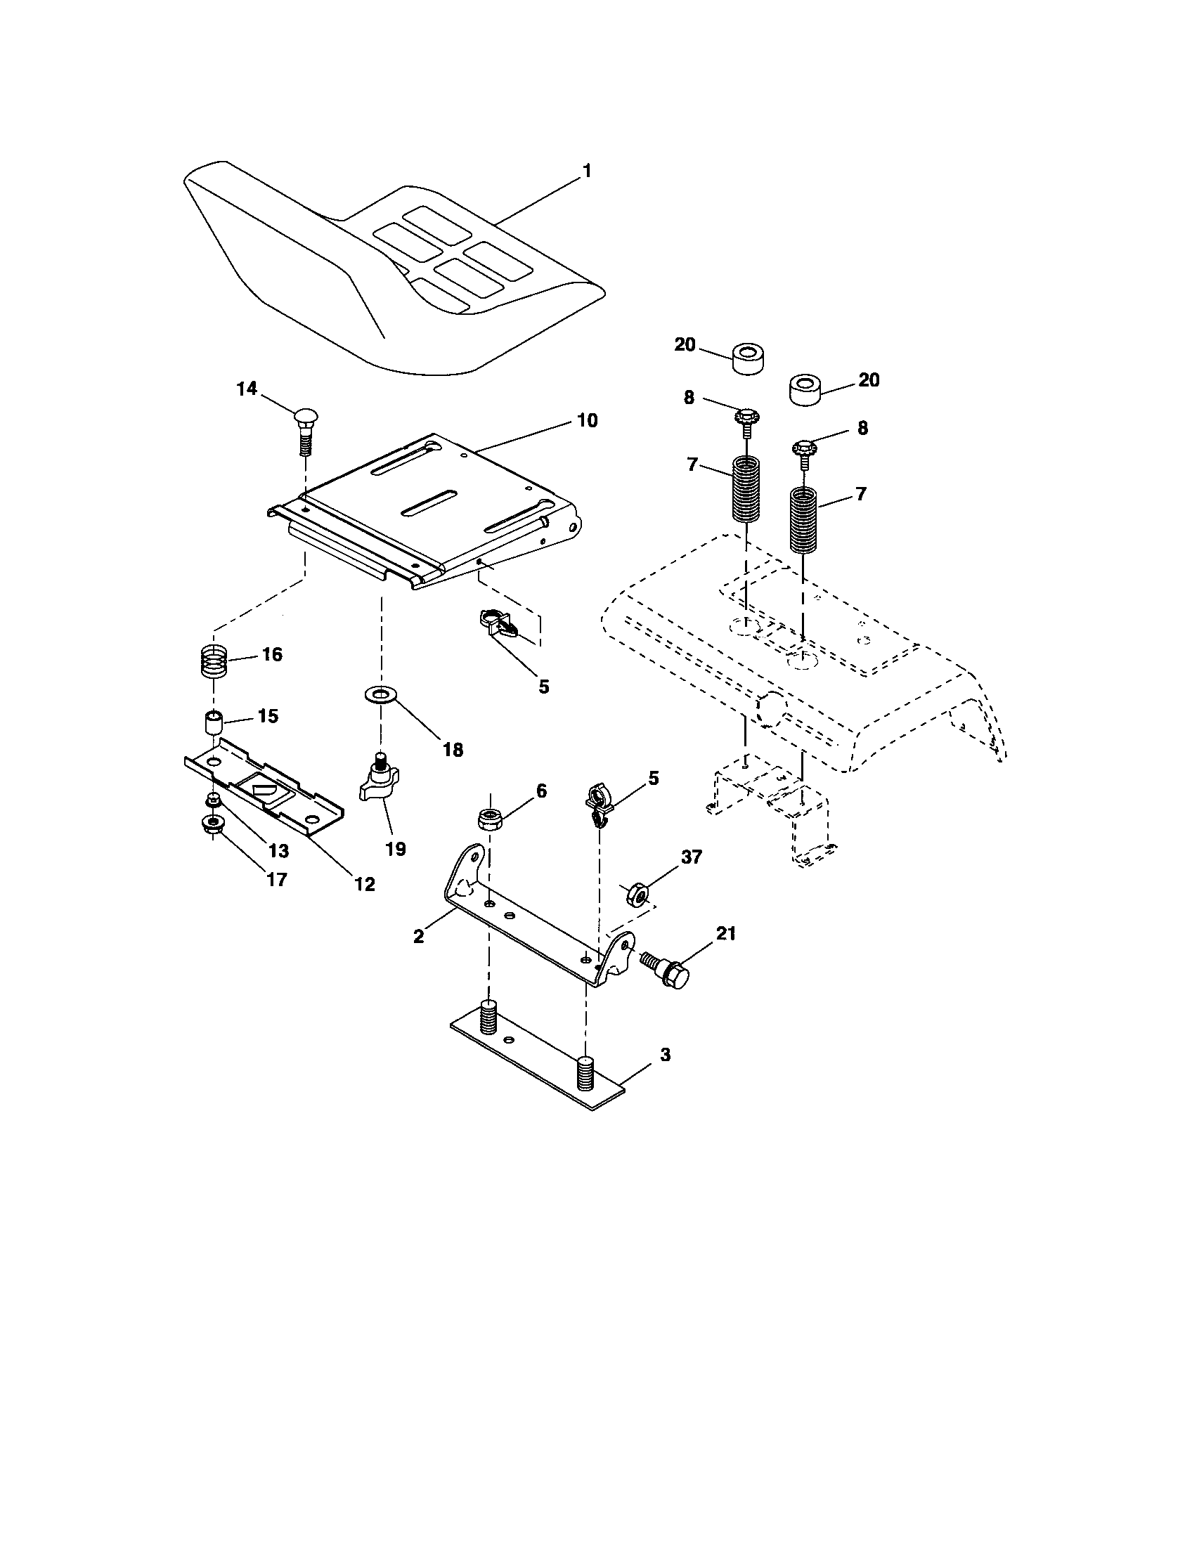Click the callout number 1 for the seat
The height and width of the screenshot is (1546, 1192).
[586, 171]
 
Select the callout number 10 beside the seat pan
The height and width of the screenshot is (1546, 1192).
[587, 420]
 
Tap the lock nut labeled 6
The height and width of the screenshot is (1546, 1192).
[490, 819]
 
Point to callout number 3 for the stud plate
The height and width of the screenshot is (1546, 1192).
[664, 1074]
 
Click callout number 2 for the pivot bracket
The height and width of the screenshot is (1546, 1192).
[418, 936]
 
